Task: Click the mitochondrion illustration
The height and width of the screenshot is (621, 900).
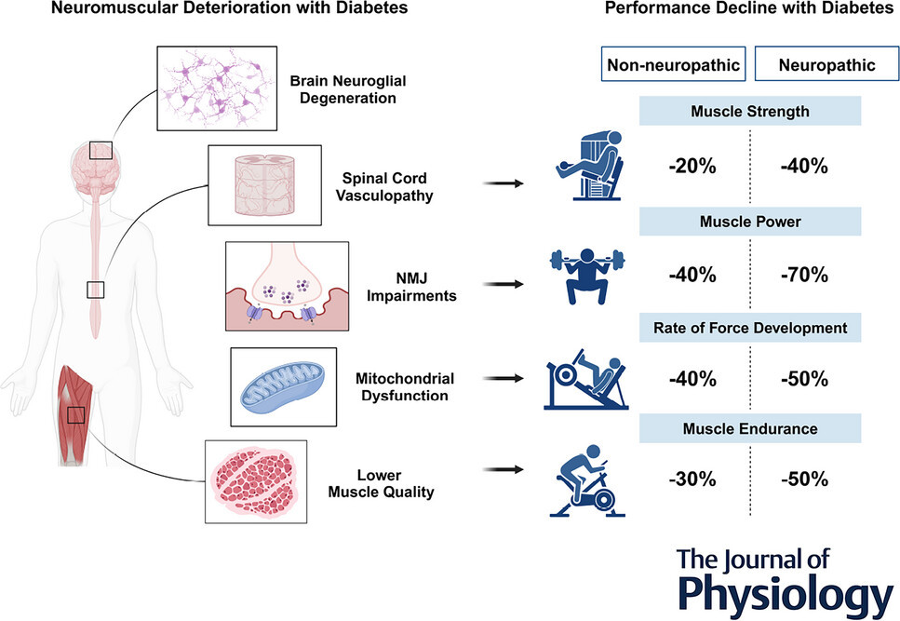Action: (282, 386)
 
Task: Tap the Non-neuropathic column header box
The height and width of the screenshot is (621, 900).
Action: (673, 64)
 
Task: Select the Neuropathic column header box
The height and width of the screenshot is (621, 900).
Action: (826, 64)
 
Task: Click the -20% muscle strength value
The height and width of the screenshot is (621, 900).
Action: (692, 167)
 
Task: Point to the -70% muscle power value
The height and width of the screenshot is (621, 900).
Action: (804, 275)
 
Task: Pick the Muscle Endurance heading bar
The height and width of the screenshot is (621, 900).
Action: (750, 428)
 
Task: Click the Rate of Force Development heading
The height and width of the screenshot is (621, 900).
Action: (750, 328)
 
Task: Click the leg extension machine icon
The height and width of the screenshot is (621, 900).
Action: (589, 166)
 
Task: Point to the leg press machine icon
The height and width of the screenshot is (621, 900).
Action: (586, 379)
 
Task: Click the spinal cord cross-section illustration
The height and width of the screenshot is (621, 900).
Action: (264, 184)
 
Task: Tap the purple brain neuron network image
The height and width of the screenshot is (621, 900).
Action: (217, 88)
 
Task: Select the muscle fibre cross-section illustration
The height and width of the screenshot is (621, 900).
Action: (254, 482)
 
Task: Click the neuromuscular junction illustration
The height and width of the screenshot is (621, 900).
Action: (287, 286)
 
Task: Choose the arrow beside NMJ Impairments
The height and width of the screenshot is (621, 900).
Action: (504, 284)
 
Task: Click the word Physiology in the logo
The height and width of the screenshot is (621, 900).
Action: (786, 594)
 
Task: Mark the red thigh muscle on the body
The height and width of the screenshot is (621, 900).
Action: (73, 413)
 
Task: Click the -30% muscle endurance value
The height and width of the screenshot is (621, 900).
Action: (692, 479)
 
